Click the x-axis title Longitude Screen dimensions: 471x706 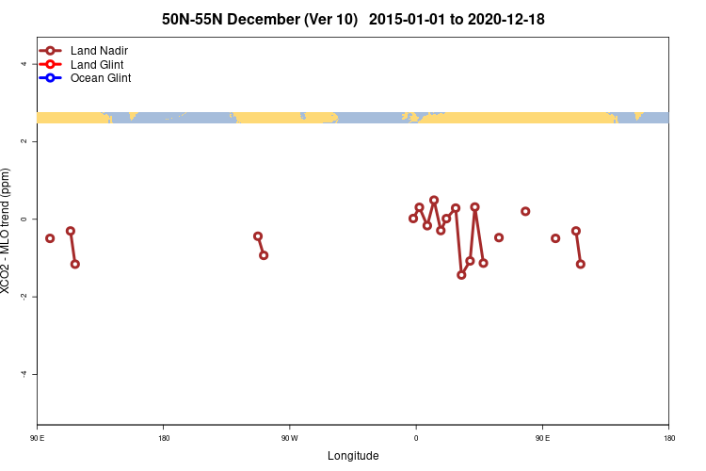click(353, 456)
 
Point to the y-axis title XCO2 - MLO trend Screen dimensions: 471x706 click(7, 231)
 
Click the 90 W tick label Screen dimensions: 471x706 click(289, 438)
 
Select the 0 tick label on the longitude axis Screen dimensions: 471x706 click(415, 438)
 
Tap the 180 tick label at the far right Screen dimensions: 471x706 click(668, 438)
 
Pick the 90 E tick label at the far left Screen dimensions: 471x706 click(37, 438)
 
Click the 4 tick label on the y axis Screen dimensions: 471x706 click(25, 64)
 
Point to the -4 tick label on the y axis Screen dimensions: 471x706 click(24, 374)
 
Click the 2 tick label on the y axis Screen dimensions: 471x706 click(25, 141)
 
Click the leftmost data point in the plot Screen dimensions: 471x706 click(50, 238)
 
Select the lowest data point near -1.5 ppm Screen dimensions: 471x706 click(461, 275)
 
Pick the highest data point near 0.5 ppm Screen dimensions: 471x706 click(434, 200)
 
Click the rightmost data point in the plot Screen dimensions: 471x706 click(581, 264)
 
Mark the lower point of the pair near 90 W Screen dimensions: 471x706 click(264, 255)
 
